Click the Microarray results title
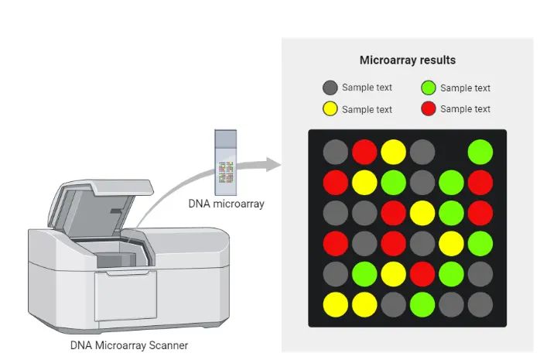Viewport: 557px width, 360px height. [407, 60]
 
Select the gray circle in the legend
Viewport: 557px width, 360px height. [330, 87]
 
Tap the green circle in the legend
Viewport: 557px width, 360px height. [429, 87]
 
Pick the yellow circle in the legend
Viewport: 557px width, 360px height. [330, 109]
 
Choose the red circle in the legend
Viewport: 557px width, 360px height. [429, 109]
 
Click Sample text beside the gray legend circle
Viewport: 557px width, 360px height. [367, 87]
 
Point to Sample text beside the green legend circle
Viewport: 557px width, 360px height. [465, 88]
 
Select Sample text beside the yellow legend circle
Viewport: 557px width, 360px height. [367, 110]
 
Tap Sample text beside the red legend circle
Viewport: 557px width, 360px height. [465, 109]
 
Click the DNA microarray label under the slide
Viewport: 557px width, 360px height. [227, 204]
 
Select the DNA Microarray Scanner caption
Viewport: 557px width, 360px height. [128, 345]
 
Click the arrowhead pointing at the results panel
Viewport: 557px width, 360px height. [270, 164]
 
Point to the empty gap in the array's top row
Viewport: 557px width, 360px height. [451, 152]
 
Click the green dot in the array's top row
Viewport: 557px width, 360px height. [480, 152]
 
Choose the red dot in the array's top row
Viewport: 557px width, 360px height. [364, 152]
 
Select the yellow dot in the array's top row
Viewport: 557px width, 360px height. [393, 152]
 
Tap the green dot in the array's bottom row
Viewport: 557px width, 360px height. [422, 304]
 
